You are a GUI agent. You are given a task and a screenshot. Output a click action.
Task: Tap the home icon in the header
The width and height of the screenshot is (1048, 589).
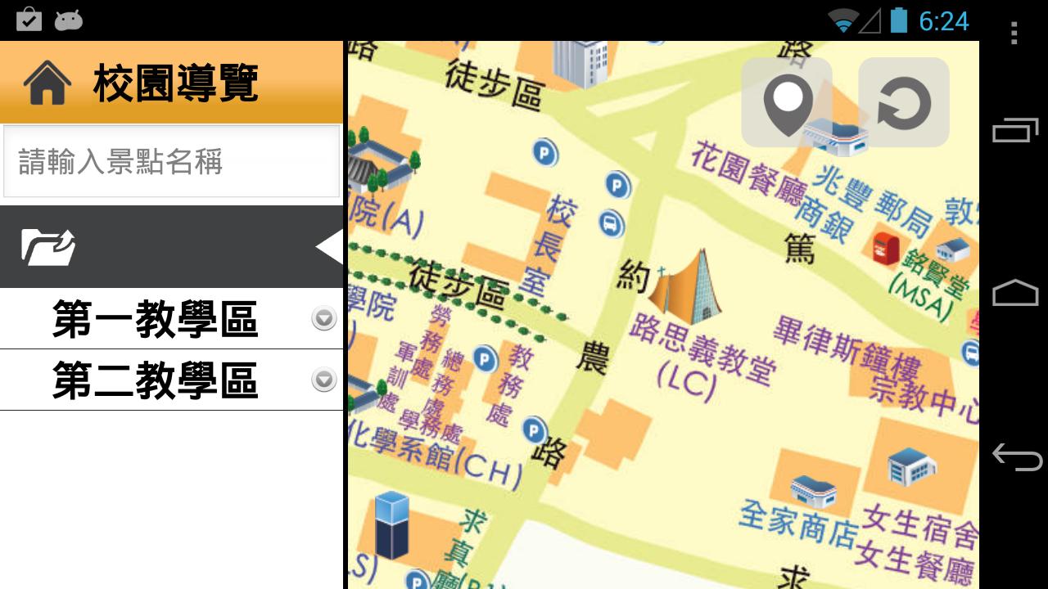tap(47, 84)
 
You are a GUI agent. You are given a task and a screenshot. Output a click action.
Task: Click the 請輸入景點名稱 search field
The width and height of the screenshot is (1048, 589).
tap(171, 161)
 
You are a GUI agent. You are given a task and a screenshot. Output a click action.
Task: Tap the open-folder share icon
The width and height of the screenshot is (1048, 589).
tap(48, 247)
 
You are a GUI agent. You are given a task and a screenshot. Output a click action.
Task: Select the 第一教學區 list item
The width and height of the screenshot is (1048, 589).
tap(155, 319)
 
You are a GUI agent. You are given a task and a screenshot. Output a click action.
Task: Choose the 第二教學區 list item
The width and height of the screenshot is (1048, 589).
tap(155, 380)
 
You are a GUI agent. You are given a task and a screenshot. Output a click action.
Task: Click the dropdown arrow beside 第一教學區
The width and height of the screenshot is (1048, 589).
tap(324, 318)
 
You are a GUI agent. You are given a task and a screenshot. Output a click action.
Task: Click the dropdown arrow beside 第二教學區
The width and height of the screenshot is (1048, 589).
tap(324, 380)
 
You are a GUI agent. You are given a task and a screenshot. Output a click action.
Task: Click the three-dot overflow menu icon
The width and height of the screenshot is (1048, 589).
tap(1014, 33)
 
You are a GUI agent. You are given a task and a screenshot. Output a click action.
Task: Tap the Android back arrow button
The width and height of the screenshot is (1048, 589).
tap(1015, 456)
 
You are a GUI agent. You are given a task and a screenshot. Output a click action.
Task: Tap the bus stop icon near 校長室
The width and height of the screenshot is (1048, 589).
tap(611, 223)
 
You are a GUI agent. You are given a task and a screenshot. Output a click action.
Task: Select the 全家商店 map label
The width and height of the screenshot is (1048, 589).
tap(797, 524)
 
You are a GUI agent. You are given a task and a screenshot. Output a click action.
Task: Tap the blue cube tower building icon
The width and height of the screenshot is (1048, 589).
tap(391, 524)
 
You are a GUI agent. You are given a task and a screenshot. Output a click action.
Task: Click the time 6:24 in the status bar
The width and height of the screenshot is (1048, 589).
tap(943, 20)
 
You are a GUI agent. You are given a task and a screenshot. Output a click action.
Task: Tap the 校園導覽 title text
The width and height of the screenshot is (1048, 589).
tap(176, 83)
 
